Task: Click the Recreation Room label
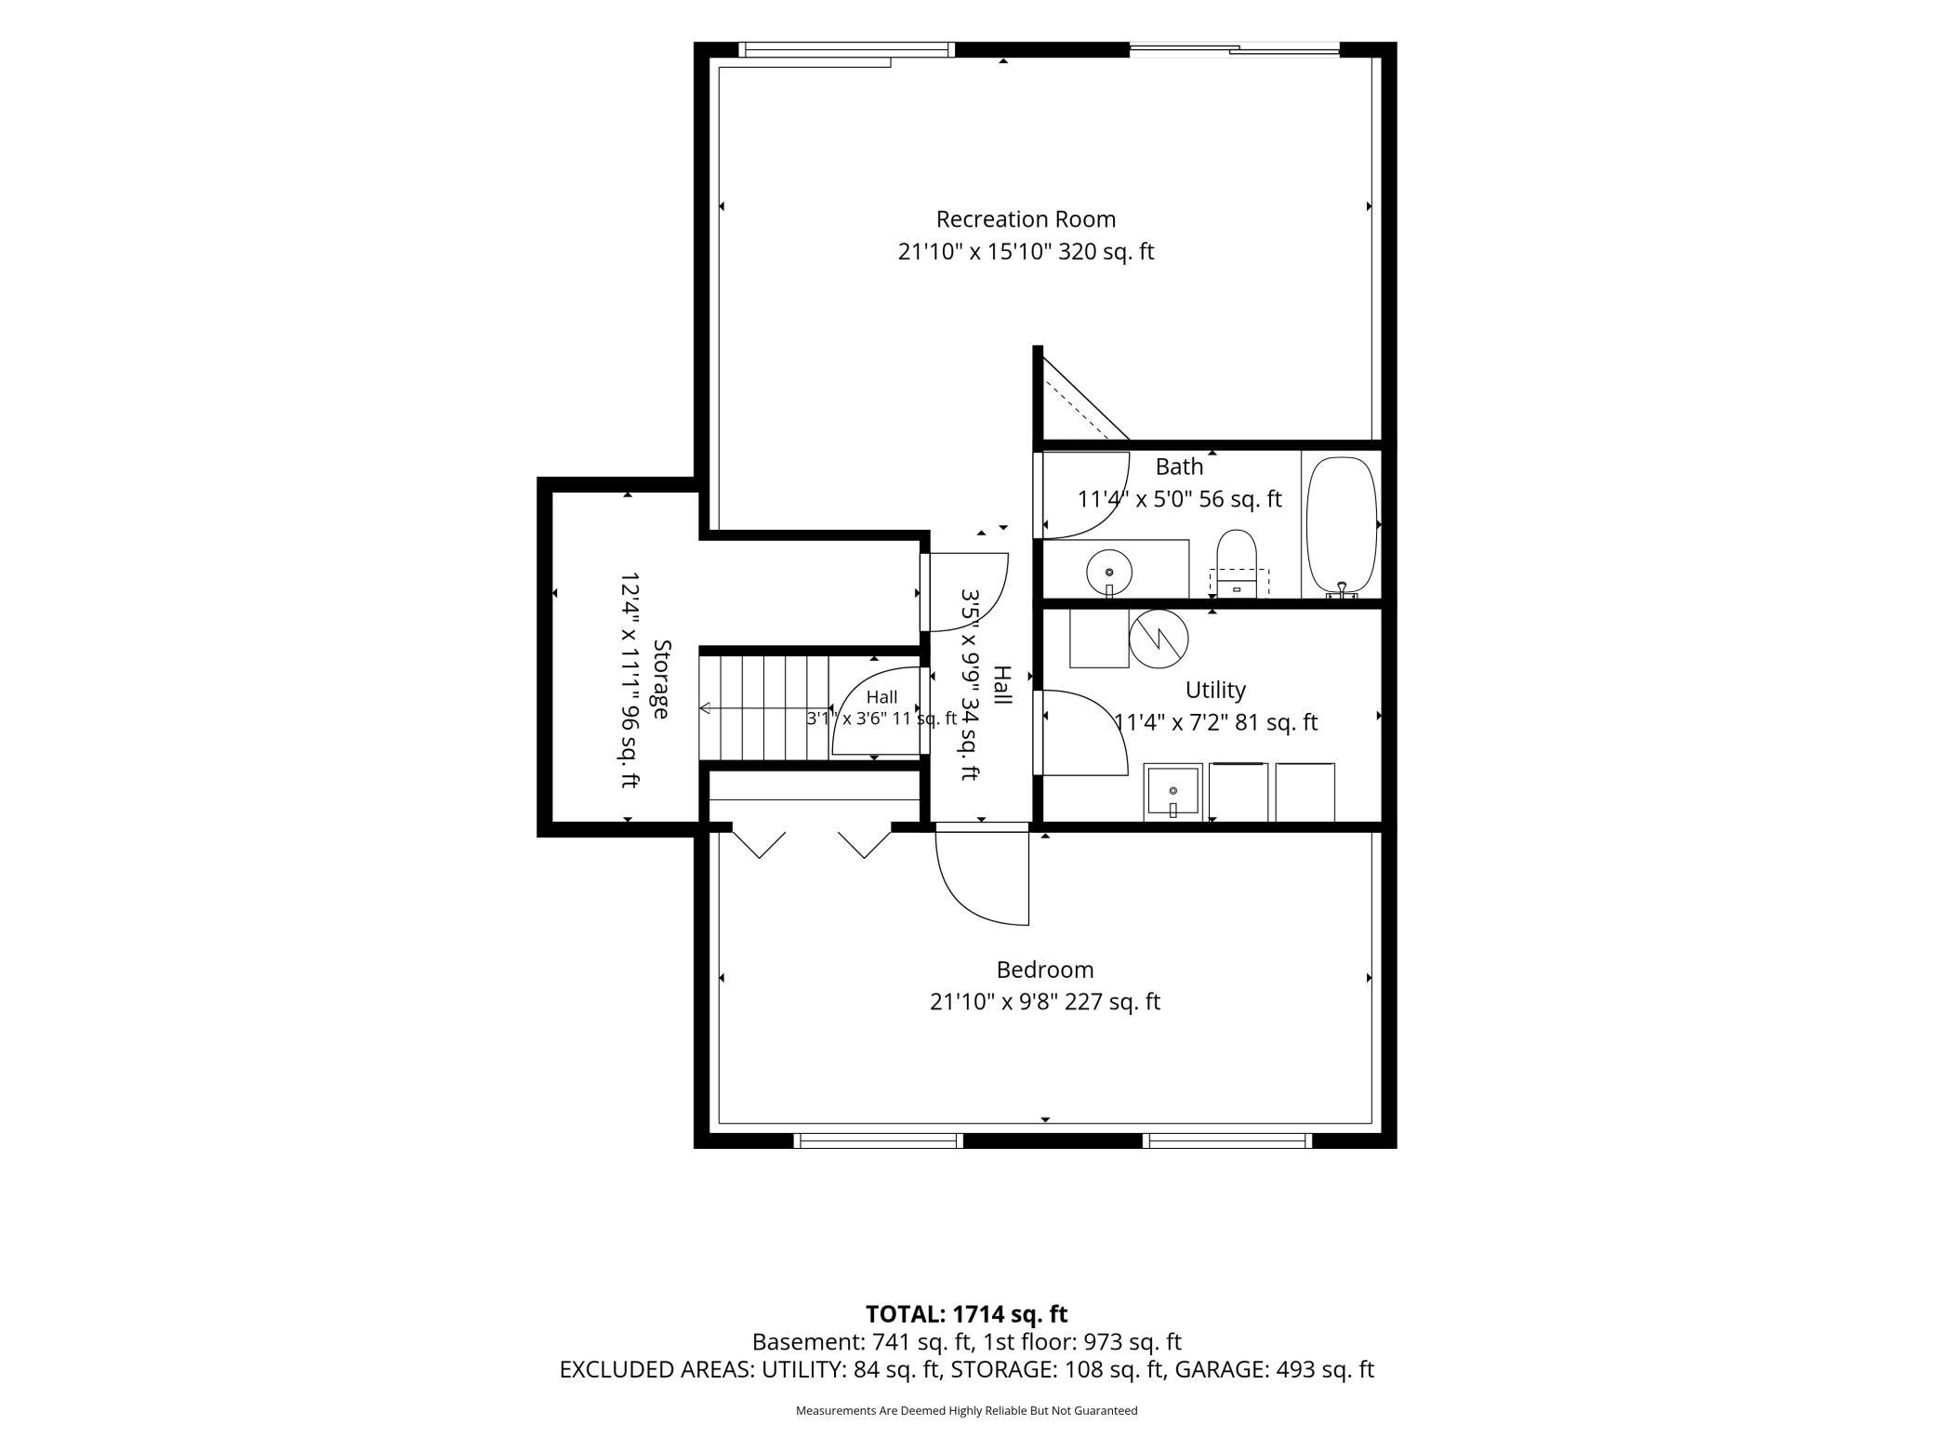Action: point(1026,219)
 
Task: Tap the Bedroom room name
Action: point(1045,969)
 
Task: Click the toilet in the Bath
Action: point(1237,564)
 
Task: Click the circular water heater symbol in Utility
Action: point(1159,638)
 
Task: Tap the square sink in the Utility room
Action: point(1172,792)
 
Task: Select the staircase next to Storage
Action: point(764,708)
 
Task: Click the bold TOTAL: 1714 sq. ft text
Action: point(966,1314)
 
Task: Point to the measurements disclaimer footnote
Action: point(966,1410)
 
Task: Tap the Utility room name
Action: point(1215,690)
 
